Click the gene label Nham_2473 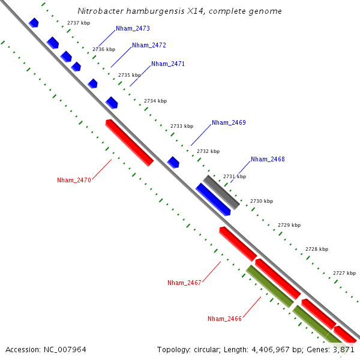tap(133, 28)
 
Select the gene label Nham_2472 tap(149, 45)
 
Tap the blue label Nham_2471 tap(168, 64)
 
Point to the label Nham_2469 tap(229, 122)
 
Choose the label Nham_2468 tap(268, 159)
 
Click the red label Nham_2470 tap(74, 180)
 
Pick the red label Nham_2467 tap(184, 283)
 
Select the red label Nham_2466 tap(224, 319)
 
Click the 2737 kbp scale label tap(79, 23)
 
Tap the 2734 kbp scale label tap(155, 101)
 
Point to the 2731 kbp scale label tap(235, 176)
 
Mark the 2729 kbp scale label tap(289, 225)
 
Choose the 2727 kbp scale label tap(344, 273)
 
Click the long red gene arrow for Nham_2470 tap(129, 143)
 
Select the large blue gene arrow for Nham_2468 tap(213, 199)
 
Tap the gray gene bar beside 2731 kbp tap(221, 192)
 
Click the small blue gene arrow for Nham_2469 tap(173, 162)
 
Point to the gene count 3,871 tap(344, 349)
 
